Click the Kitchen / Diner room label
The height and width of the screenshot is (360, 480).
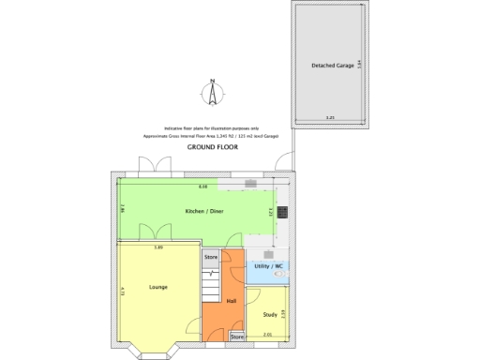[203, 212]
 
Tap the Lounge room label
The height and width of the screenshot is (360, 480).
[157, 286]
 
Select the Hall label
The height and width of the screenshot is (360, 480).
[231, 301]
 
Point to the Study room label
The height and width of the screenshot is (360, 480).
[269, 315]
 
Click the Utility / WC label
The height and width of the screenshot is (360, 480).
[268, 266]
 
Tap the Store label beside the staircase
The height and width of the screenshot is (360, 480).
[211, 256]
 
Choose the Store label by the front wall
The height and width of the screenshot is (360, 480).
[237, 336]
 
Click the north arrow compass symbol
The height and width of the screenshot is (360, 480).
[214, 94]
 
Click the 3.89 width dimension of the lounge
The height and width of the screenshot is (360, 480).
[159, 247]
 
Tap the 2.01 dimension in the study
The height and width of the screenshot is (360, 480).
[267, 335]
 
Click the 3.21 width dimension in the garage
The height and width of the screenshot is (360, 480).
[329, 117]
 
